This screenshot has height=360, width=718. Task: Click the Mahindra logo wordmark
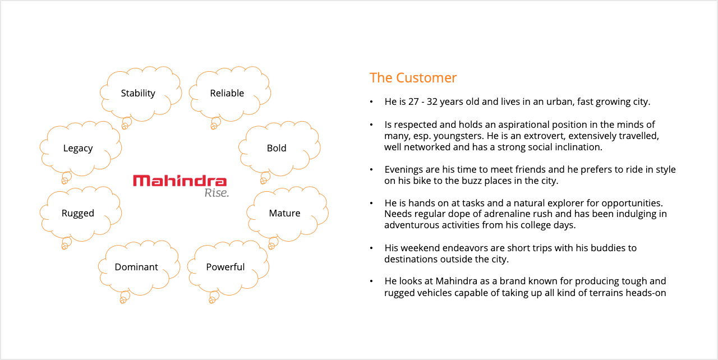click(x=180, y=181)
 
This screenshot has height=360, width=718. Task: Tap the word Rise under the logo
click(x=217, y=193)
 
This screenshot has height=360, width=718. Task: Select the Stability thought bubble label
click(x=138, y=93)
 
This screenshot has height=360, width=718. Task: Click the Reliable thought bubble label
click(x=227, y=93)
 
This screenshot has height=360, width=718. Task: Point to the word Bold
click(x=277, y=148)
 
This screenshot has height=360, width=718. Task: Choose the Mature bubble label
click(x=284, y=213)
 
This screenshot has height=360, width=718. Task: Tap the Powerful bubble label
click(x=225, y=267)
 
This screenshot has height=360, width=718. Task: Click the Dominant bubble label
click(x=136, y=267)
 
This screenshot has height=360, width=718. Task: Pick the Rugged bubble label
click(x=78, y=213)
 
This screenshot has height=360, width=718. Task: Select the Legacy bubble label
click(x=78, y=148)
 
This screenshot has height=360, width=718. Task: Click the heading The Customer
click(x=413, y=78)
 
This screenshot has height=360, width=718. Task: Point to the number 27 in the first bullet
click(x=413, y=101)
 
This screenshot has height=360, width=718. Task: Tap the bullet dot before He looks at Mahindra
click(x=371, y=281)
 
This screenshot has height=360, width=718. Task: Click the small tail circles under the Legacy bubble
click(x=66, y=178)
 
